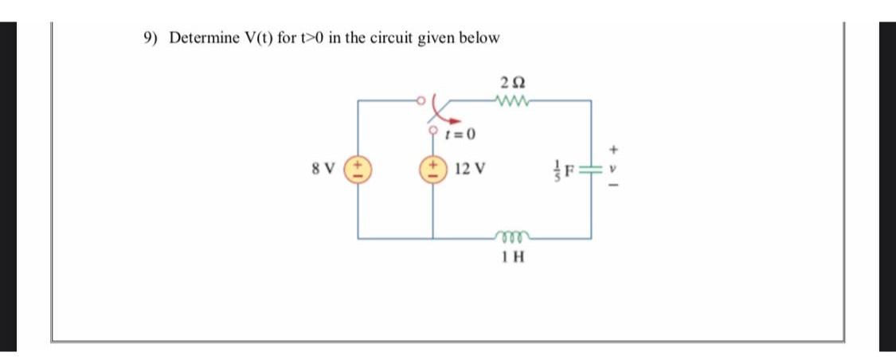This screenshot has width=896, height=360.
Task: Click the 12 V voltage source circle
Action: pos(433,170)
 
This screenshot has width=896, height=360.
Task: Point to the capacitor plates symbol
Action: pos(591,170)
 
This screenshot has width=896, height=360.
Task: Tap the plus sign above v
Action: pos(612,149)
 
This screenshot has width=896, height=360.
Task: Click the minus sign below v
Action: pos(612,189)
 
